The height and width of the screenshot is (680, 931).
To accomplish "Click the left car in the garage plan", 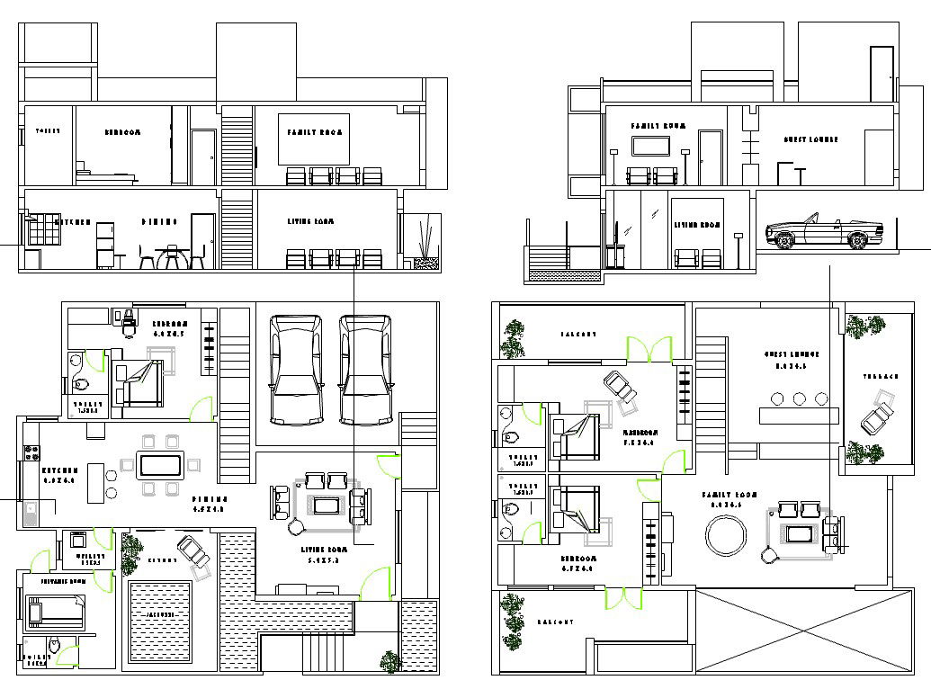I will pos(297,369).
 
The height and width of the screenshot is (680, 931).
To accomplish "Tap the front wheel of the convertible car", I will pos(783,239).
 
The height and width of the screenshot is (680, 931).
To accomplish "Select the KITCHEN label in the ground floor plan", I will pos(60,470).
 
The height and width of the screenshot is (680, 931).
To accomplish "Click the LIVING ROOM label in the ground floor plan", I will pos(325,548).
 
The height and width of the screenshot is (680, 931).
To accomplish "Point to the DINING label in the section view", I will pos(159,221).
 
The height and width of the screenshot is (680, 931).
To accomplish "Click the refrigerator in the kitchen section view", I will pos(105,245).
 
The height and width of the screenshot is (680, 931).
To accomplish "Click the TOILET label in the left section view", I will pos(47,131).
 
